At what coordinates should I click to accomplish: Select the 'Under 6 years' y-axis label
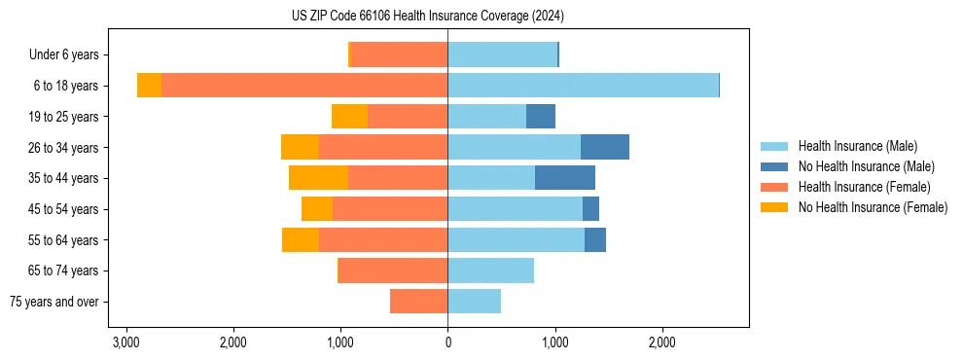click(x=69, y=55)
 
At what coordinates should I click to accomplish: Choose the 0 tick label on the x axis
click(x=447, y=342)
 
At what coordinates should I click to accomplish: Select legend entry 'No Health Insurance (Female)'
click(x=872, y=207)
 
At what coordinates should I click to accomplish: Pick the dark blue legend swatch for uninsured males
click(x=775, y=166)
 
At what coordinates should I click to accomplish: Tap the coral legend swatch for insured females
click(x=775, y=187)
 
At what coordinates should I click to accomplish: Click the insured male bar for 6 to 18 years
click(x=583, y=86)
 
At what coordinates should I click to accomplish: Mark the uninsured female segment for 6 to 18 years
click(x=149, y=86)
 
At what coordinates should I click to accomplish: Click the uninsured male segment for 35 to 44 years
click(x=565, y=178)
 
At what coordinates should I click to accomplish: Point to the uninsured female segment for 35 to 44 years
click(x=318, y=178)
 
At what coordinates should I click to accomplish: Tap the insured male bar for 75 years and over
click(x=474, y=302)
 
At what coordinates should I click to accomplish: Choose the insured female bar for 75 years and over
click(x=419, y=302)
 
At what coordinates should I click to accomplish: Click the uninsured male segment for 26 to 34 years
click(x=605, y=147)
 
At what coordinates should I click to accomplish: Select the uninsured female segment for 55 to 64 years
click(x=301, y=239)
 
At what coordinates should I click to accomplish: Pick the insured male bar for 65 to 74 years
click(x=490, y=270)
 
